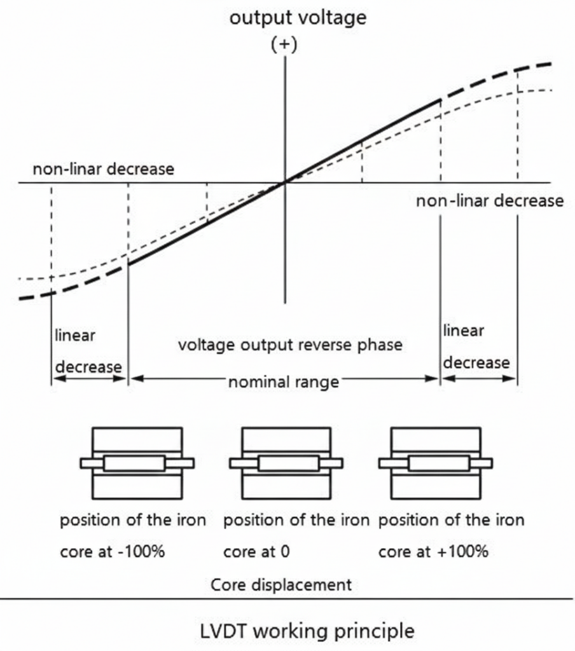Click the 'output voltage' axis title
pyautogui.click(x=298, y=17)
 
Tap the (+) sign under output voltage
pyautogui.click(x=284, y=45)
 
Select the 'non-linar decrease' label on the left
pyautogui.click(x=104, y=170)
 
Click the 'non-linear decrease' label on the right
pyautogui.click(x=490, y=201)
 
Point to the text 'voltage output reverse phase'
pyautogui.click(x=289, y=345)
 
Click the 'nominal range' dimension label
pyautogui.click(x=284, y=382)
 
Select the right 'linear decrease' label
pyautogui.click(x=476, y=346)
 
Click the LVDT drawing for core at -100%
pyautogui.click(x=137, y=463)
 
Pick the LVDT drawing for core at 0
pyautogui.click(x=286, y=463)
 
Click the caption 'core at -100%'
pyautogui.click(x=113, y=551)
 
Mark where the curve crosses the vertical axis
pyautogui.click(x=284, y=182)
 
